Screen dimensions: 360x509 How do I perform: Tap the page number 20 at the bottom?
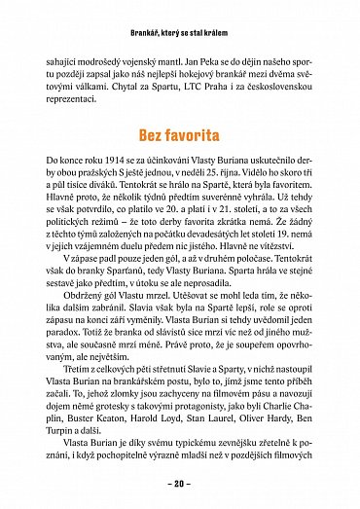179,483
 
